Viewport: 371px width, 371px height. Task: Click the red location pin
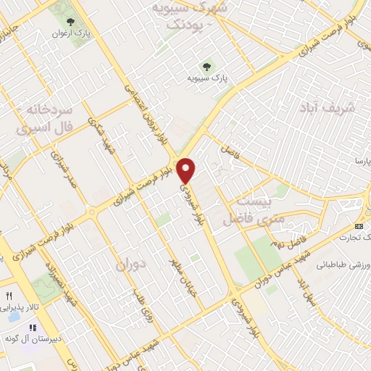(x=187, y=170)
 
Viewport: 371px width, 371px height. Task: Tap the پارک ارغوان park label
(x=70, y=34)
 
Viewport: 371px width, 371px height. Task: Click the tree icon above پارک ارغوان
(x=70, y=22)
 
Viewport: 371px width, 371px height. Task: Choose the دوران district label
(x=131, y=265)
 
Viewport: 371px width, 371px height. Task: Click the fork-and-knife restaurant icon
(x=9, y=296)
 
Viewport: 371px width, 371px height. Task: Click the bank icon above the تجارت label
(x=366, y=226)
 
